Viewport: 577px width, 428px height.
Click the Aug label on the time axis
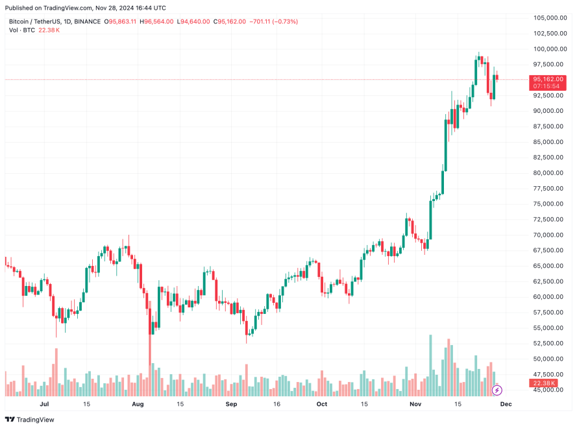click(x=137, y=403)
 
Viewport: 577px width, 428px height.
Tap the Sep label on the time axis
click(x=230, y=403)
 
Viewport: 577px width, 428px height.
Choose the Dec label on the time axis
click(x=506, y=403)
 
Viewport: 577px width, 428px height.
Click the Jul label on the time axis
click(x=45, y=403)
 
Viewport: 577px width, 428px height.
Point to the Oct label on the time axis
click(x=322, y=403)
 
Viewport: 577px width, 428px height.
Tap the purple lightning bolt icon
click(x=497, y=390)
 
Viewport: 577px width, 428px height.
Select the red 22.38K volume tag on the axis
click(x=546, y=383)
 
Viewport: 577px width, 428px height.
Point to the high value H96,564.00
click(x=158, y=21)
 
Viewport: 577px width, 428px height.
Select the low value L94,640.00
click(x=194, y=21)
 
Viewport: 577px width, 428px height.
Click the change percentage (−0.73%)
click(x=285, y=21)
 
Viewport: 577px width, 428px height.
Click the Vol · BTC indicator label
click(x=22, y=30)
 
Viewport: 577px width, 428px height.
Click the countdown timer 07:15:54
click(x=546, y=86)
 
